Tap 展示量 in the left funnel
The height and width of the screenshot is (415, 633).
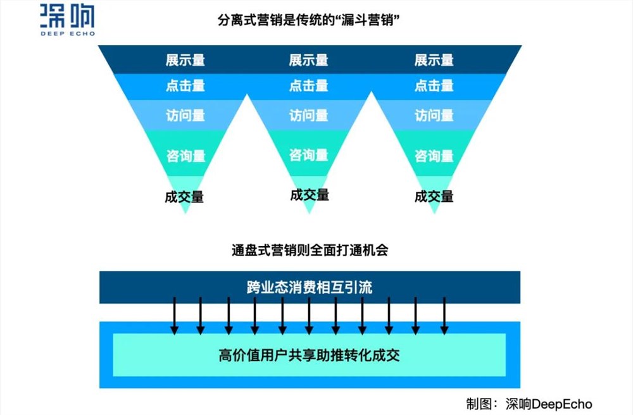click(185, 60)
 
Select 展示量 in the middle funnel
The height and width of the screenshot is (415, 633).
click(309, 60)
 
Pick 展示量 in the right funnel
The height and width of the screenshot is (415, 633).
click(434, 60)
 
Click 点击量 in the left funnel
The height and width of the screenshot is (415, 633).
click(185, 85)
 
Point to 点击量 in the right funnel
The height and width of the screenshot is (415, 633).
click(434, 85)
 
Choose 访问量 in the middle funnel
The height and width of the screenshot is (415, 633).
click(309, 116)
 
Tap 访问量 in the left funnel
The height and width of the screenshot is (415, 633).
click(185, 116)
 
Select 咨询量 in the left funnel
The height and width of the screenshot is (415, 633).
click(185, 156)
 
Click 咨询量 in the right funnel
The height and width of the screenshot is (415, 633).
click(434, 156)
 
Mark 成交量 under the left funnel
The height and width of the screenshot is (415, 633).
click(184, 197)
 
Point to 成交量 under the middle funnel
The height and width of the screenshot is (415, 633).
click(310, 195)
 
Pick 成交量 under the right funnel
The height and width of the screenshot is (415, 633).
click(434, 197)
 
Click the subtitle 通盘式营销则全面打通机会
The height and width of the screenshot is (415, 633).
click(310, 250)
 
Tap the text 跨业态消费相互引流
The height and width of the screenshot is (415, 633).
click(310, 287)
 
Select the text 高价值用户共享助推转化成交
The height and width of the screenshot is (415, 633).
click(310, 355)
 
